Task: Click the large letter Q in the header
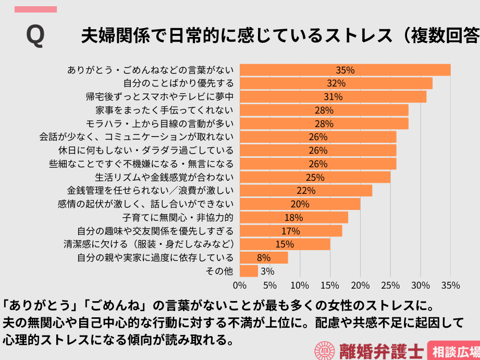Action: click(x=35, y=36)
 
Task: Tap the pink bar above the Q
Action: click(x=35, y=9)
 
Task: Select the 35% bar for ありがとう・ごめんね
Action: click(x=345, y=70)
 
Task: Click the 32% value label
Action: click(x=336, y=83)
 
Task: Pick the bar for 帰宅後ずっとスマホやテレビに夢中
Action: click(x=333, y=97)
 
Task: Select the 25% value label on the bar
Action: click(x=315, y=177)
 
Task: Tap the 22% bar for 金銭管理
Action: click(x=306, y=191)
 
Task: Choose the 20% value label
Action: click(x=300, y=204)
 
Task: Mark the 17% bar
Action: click(x=291, y=231)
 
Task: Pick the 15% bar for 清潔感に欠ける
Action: click(x=285, y=244)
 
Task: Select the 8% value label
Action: click(x=264, y=257)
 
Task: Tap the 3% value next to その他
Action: click(x=267, y=271)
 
